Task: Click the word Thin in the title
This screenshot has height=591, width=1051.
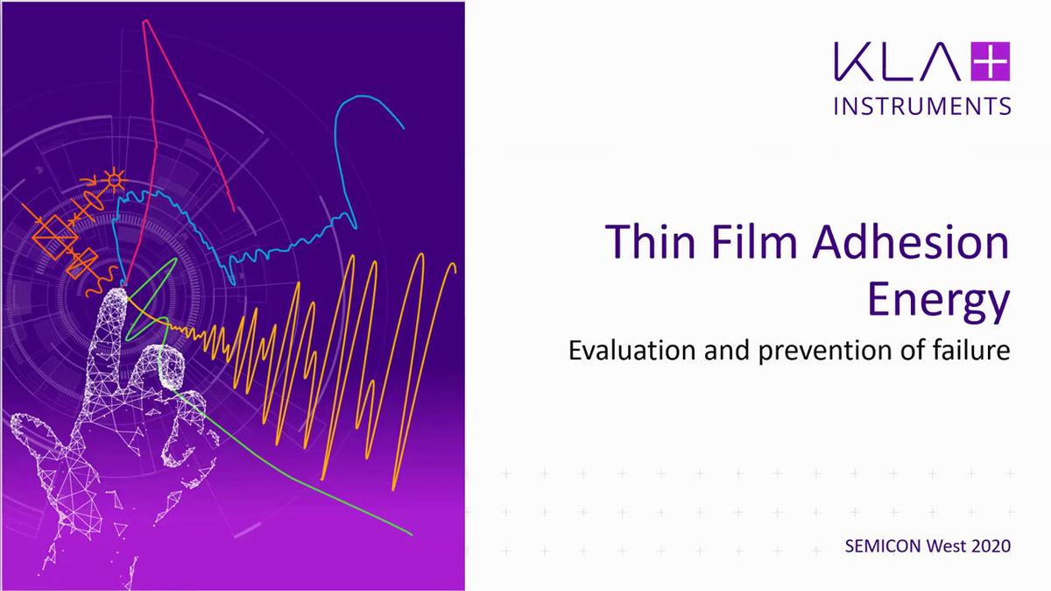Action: [x=646, y=243]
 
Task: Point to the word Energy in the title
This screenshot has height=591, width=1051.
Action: [x=938, y=302]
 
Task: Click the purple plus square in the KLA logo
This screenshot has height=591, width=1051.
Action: [x=991, y=64]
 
